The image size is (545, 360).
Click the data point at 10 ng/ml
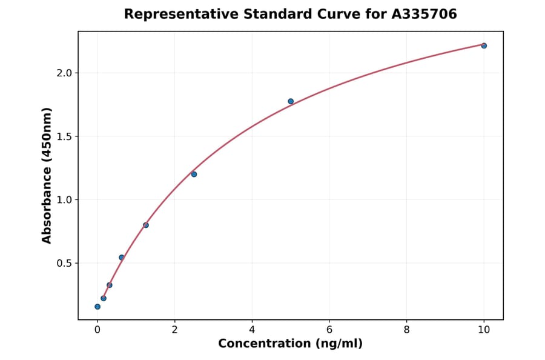(x=484, y=45)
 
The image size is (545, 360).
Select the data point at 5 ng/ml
(x=291, y=101)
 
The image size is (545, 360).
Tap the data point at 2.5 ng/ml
(x=194, y=174)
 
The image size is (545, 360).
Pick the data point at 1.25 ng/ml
(x=146, y=225)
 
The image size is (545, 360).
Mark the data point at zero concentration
(x=97, y=307)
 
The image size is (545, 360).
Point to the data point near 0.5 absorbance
(x=122, y=258)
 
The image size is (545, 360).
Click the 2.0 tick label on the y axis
(x=64, y=73)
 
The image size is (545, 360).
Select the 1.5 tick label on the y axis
(x=64, y=136)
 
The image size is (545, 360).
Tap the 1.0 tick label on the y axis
(x=64, y=200)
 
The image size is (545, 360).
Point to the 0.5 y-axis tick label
(x=64, y=263)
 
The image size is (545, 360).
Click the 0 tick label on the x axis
(x=97, y=330)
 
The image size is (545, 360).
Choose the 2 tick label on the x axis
(x=174, y=330)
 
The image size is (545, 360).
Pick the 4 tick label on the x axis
(x=252, y=330)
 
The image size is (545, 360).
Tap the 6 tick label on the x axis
(x=329, y=330)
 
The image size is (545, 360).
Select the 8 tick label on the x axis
(x=406, y=330)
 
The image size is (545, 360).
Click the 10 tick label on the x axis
(x=484, y=330)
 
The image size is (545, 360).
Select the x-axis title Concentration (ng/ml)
(x=291, y=344)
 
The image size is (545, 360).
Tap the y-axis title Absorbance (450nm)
(x=47, y=175)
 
